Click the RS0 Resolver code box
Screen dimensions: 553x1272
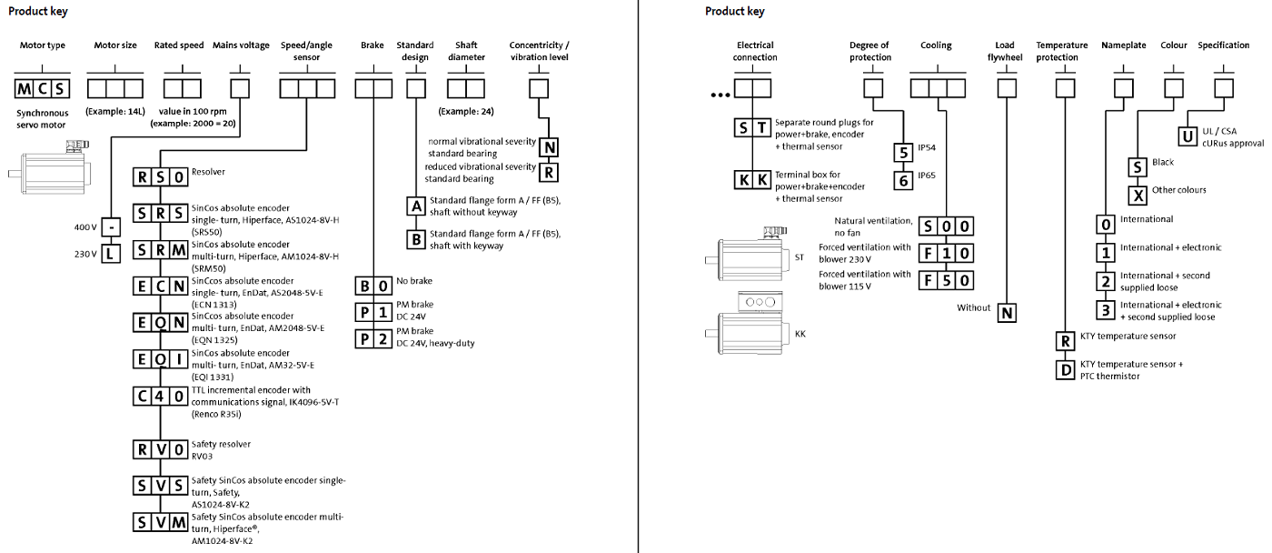pos(161,175)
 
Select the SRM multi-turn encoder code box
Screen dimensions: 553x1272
pos(161,250)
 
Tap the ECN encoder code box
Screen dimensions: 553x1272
pos(161,286)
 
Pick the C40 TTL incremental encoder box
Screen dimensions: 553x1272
pos(161,397)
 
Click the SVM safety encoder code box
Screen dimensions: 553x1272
pos(161,522)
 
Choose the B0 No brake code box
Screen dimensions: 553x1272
pos(373,285)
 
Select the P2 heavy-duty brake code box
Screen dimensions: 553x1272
pos(373,338)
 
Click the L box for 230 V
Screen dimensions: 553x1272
pos(110,254)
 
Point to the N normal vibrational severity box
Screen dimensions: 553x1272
pos(549,146)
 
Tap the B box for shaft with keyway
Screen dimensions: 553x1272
pos(415,240)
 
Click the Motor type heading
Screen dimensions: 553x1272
pos(43,45)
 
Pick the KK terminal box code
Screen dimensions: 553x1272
pos(752,179)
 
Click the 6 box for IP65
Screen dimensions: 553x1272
pos(903,180)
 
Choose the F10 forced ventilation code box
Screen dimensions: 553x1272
pos(946,253)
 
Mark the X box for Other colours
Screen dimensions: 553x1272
pos(1138,195)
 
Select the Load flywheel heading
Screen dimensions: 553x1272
pos(1004,51)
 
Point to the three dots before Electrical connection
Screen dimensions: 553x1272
pos(720,95)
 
